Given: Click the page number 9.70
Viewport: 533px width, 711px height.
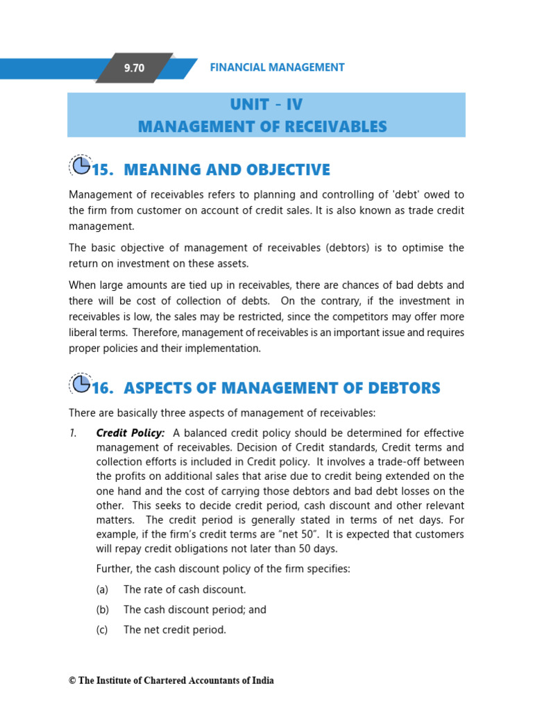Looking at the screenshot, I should pos(134,68).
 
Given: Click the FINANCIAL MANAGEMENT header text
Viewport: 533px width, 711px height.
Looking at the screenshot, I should pos(277,67).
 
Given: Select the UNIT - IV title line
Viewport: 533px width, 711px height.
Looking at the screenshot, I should pos(266,105).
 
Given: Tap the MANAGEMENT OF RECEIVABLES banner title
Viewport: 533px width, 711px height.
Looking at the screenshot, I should pos(262,126).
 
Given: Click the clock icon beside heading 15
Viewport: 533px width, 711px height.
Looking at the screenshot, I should pos(81,166).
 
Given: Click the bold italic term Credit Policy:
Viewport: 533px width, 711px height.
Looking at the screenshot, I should pos(130,433).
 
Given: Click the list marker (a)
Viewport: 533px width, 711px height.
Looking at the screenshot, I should pos(102,589).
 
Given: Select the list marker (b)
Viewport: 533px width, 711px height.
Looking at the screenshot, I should pos(102,610).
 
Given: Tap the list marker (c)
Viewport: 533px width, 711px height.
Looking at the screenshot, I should pos(102,630).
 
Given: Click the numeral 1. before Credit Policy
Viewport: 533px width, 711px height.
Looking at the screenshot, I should pos(73,433).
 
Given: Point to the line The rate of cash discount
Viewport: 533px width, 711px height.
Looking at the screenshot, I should pos(184,589).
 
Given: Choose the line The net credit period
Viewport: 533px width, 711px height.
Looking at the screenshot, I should pos(174,630).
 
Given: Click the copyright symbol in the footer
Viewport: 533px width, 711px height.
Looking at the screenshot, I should pos(72,680).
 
